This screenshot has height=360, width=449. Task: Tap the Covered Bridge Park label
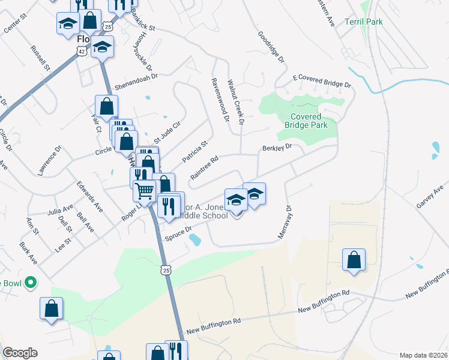click(x=309, y=121)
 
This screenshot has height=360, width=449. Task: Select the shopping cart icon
click(x=145, y=190)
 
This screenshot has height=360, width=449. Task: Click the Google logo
click(x=19, y=353)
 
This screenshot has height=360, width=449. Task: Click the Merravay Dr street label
click(x=285, y=224)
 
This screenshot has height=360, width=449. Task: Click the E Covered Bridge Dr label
click(x=321, y=82)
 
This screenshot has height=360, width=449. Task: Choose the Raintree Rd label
click(x=203, y=167)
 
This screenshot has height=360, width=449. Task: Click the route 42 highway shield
click(x=81, y=52)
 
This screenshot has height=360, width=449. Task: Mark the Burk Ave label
click(x=28, y=253)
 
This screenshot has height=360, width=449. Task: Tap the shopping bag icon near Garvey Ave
click(x=354, y=260)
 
